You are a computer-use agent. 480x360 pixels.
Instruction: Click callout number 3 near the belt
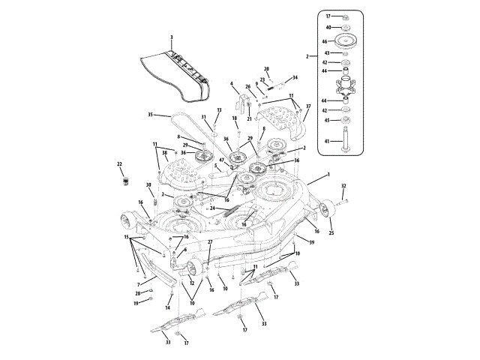(x=172, y=37)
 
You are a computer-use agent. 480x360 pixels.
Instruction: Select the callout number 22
(x=119, y=164)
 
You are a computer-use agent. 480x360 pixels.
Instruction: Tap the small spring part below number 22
(x=126, y=180)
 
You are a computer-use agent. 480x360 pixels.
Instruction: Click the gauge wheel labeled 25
(x=327, y=208)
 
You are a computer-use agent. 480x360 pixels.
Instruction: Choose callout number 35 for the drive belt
(x=150, y=115)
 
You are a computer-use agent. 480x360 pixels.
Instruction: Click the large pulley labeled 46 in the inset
(x=346, y=40)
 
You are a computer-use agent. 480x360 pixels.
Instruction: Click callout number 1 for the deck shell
(x=328, y=174)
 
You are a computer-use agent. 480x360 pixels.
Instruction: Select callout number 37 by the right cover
(x=307, y=106)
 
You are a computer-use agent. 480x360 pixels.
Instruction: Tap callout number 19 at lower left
(x=136, y=303)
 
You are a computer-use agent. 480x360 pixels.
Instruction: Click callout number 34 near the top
(x=295, y=77)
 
